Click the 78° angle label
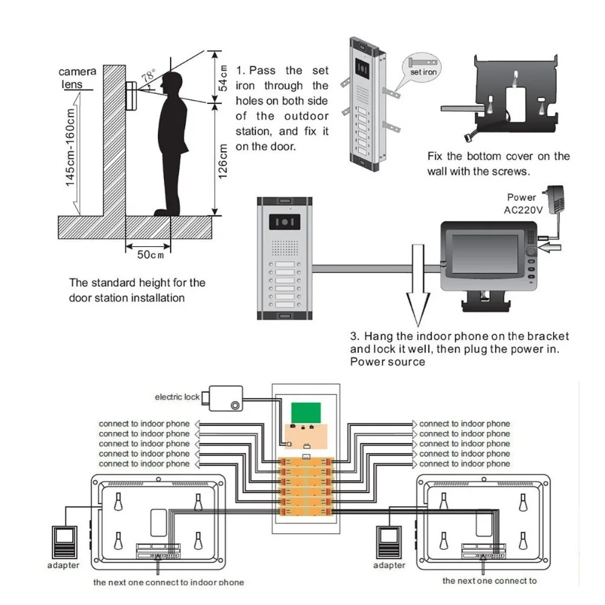(x=148, y=77)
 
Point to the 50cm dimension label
(x=150, y=255)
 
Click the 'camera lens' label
(x=76, y=78)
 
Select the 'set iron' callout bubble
(x=423, y=72)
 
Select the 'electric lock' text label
(x=177, y=397)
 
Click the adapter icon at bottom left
(x=64, y=541)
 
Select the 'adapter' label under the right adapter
(x=389, y=565)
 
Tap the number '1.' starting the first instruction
(x=240, y=71)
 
